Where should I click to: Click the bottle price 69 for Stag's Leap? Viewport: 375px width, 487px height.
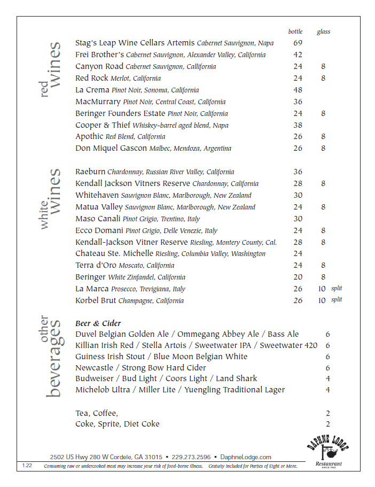[x=298, y=43]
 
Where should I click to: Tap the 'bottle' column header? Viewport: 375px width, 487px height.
[x=295, y=31]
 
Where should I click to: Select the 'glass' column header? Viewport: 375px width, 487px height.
[x=323, y=32]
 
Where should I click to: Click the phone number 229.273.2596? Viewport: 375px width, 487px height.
[x=191, y=457]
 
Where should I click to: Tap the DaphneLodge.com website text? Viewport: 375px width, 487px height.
[x=245, y=457]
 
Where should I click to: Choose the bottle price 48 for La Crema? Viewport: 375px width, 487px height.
[x=298, y=90]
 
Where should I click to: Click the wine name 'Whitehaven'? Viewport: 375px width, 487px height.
[x=97, y=195]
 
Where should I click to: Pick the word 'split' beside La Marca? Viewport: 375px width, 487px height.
[x=336, y=288]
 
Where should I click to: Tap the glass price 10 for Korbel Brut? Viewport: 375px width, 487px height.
[x=322, y=300]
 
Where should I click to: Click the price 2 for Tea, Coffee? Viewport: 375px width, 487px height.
[x=328, y=413]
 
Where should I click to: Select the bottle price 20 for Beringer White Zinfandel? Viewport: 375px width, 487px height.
[x=298, y=277]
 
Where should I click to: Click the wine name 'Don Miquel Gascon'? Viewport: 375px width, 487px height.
[x=111, y=148]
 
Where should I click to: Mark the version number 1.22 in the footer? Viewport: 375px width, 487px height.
[x=27, y=466]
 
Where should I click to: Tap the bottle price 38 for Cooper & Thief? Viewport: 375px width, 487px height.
[x=298, y=125]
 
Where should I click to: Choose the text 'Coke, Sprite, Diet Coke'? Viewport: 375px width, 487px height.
[x=118, y=424]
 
